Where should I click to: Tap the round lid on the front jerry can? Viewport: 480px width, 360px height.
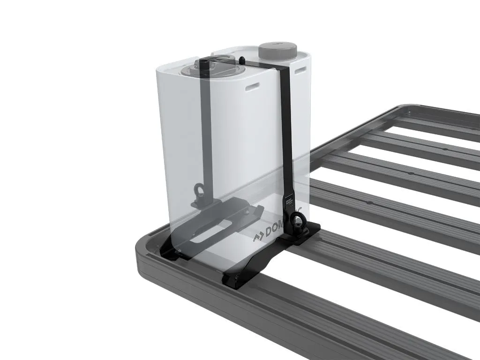(199, 71)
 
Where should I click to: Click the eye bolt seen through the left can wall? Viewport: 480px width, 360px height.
(199, 192)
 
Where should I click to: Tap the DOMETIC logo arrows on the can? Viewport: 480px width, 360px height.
(259, 236)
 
